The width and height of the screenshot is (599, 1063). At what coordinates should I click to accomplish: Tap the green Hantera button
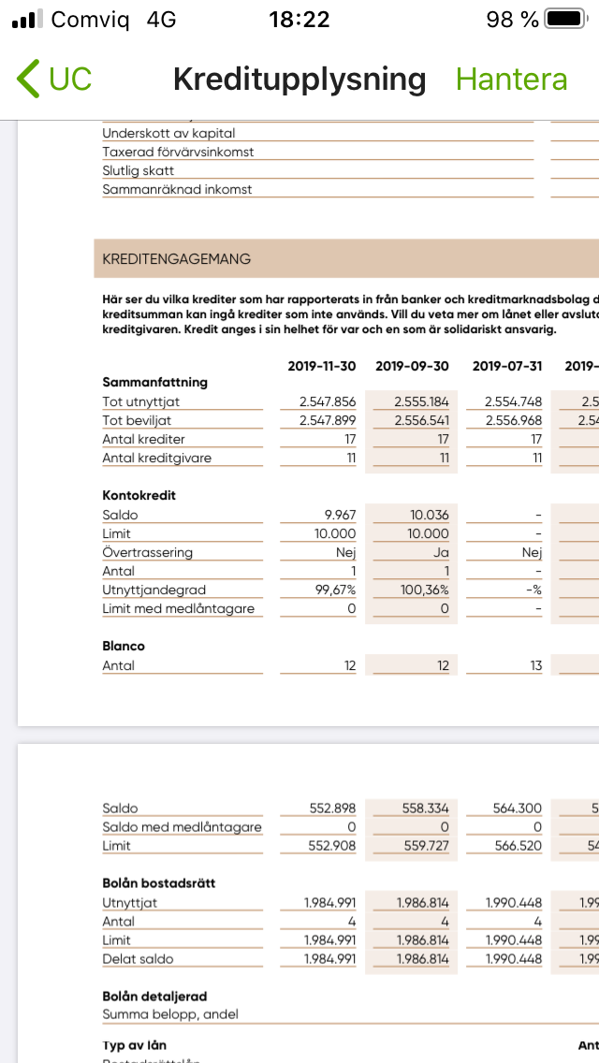pos(511,80)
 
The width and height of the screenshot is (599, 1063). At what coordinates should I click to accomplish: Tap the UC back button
pos(55,80)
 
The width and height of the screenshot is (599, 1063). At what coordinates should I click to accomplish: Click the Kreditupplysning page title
pos(299,80)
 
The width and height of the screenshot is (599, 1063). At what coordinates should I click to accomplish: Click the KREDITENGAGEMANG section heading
pos(177,259)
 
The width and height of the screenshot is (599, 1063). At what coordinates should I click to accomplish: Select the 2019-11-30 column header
pos(322,366)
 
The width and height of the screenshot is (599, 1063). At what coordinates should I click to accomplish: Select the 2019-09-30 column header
pos(412,366)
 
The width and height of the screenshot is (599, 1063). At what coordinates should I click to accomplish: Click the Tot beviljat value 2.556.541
pos(421,420)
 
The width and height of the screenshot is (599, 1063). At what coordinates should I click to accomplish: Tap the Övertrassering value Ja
pos(442,552)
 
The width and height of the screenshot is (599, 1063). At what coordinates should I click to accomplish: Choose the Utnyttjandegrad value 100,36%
pos(425,590)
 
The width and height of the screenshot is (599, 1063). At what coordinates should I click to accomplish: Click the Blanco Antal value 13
pos(534,665)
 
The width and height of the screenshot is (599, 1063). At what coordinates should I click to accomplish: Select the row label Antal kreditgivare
pos(156,458)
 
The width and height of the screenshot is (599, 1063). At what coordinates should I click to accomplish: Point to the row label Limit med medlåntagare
pos(178,608)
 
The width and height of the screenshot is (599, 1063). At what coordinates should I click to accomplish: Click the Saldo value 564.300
pos(518,808)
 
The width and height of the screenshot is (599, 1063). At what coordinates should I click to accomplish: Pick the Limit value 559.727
pos(425,846)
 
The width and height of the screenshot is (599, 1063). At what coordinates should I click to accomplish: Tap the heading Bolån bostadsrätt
pos(158,883)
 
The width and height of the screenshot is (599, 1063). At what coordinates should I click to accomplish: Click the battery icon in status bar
pos(565,19)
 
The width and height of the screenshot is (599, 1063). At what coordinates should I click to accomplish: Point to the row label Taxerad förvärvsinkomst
pos(178,152)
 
